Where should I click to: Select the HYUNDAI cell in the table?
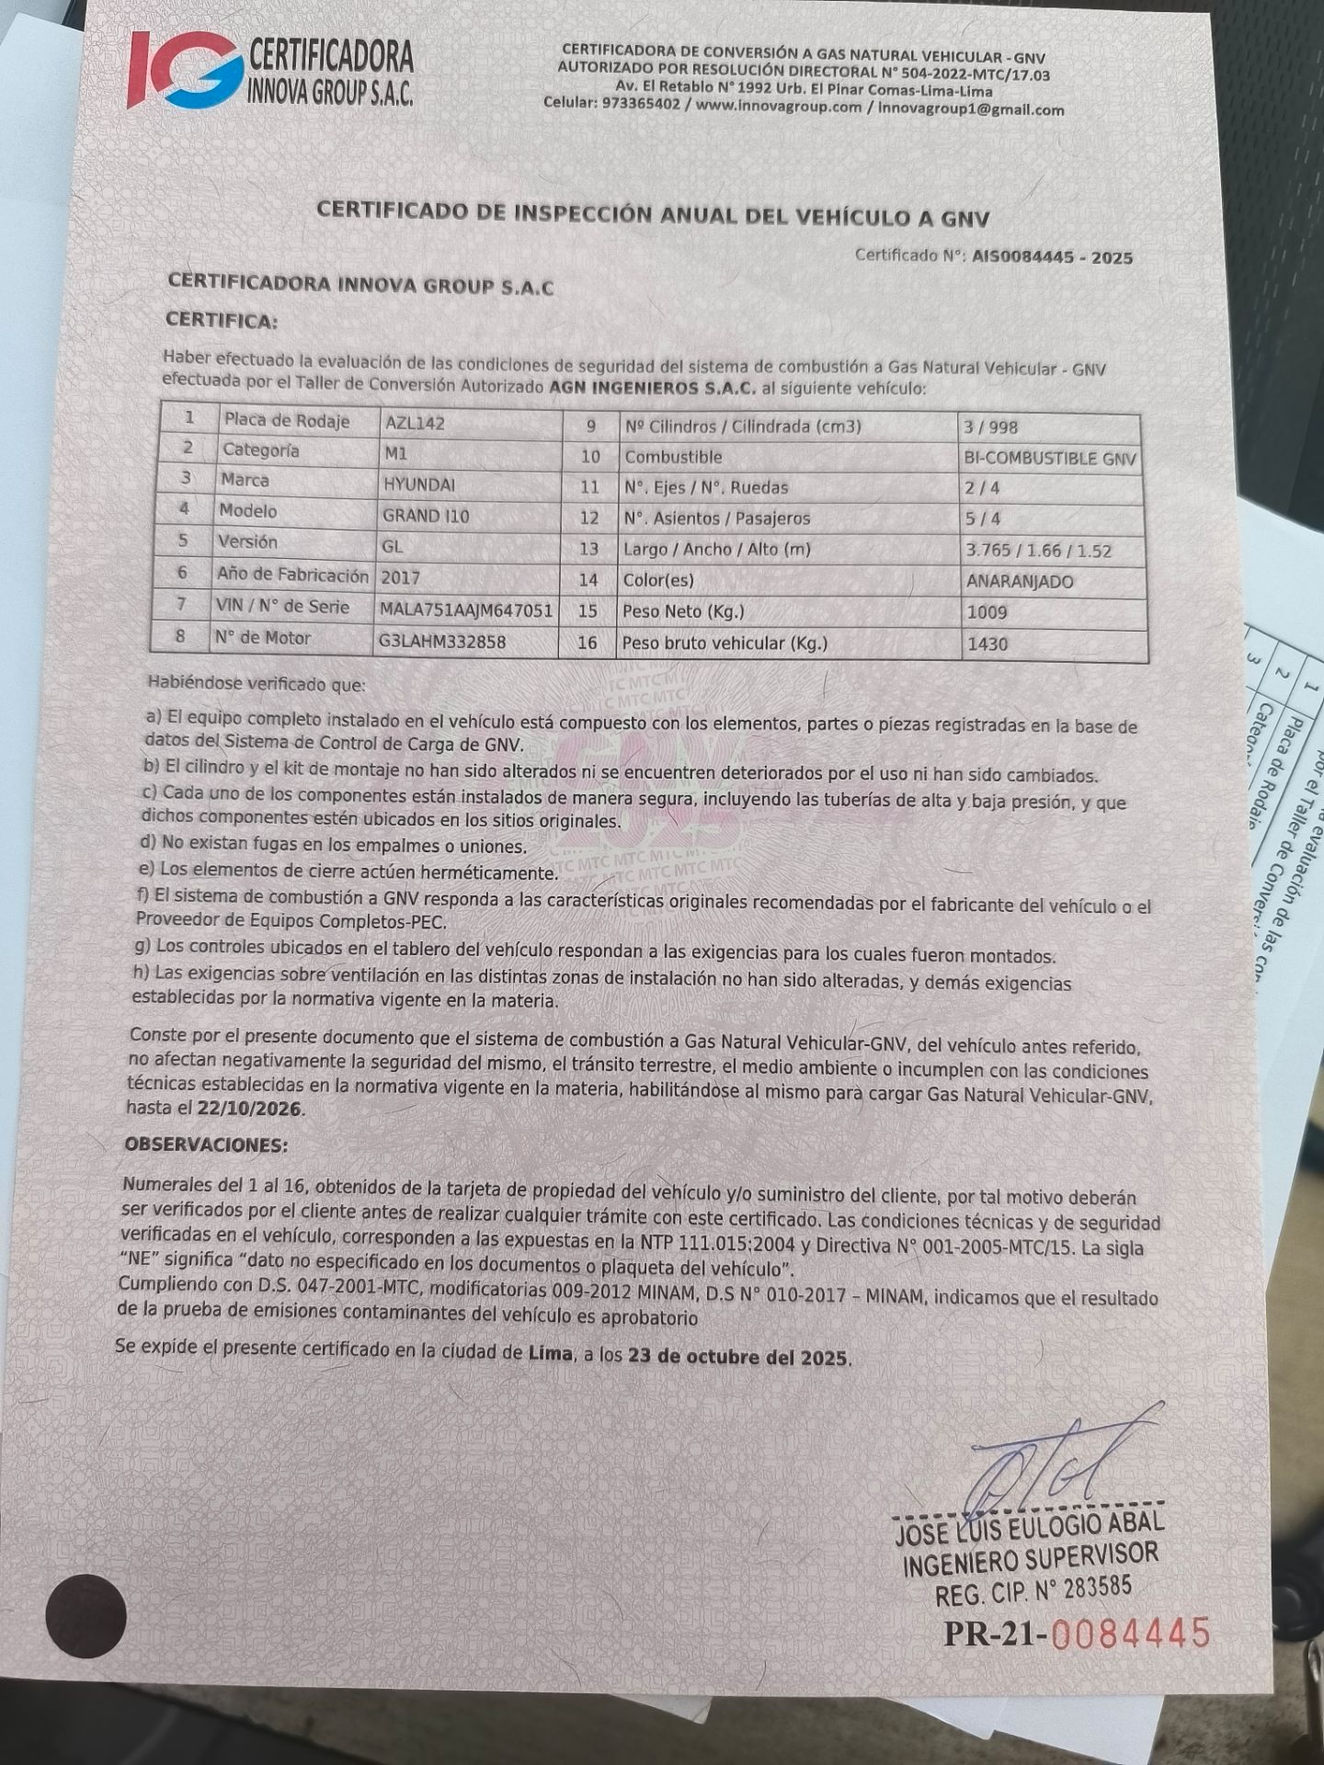(418, 484)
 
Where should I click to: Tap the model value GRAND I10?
(426, 516)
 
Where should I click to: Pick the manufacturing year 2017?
(400, 577)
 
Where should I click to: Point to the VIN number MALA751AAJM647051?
(466, 609)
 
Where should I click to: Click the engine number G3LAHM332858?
(441, 642)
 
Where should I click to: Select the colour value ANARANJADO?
(1020, 581)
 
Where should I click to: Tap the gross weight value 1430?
(987, 643)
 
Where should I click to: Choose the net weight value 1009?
(987, 612)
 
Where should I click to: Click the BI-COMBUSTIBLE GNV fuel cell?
(1050, 459)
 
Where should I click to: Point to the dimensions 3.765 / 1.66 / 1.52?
(1038, 551)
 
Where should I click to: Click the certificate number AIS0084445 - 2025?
(1052, 257)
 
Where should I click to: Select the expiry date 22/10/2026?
(249, 1109)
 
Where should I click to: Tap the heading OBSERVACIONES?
(206, 1145)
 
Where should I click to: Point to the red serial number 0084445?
(1129, 1634)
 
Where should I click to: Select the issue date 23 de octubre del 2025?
(738, 1357)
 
